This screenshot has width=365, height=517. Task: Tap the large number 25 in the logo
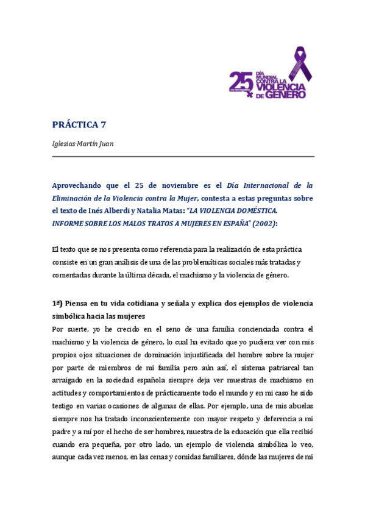[241, 82]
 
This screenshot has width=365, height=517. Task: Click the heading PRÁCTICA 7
[79, 125]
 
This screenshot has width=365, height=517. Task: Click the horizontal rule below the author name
[183, 157]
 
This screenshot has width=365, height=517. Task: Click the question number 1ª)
[59, 304]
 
